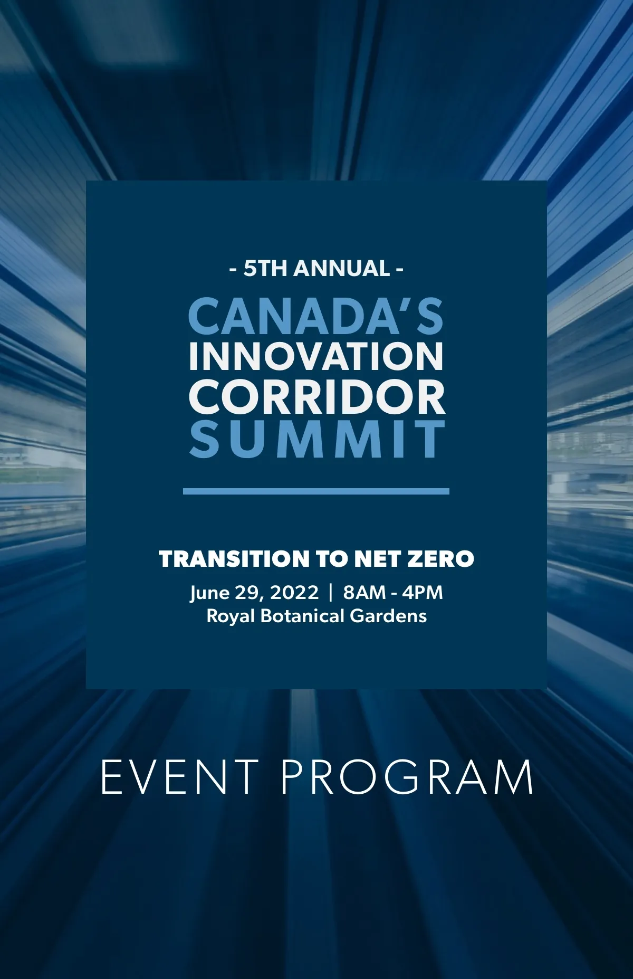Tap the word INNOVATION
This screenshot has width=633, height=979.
[316, 356]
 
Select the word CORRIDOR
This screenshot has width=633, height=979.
[316, 397]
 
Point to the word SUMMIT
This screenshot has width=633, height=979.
[317, 439]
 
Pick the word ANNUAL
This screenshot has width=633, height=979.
[341, 269]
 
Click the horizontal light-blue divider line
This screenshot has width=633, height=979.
[316, 491]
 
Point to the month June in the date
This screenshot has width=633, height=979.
[210, 593]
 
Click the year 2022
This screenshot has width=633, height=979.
[294, 592]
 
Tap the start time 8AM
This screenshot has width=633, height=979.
[365, 592]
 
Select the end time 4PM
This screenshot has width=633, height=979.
[422, 592]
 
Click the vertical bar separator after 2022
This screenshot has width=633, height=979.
[331, 593]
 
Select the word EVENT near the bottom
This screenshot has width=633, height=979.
[179, 777]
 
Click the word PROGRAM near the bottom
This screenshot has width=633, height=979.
[407, 777]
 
